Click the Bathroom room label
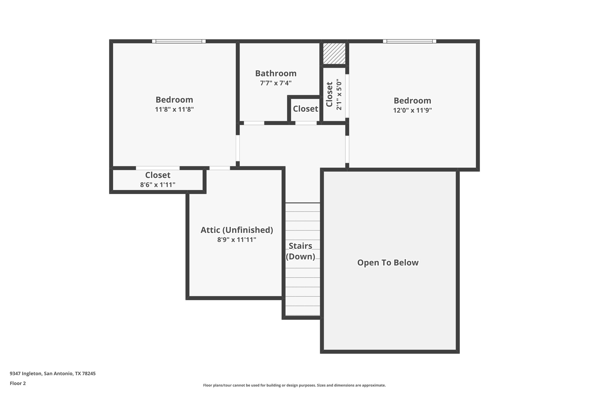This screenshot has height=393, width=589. point(276,73)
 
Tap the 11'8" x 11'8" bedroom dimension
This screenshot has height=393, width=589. point(174,109)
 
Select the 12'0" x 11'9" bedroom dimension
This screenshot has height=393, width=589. point(412,110)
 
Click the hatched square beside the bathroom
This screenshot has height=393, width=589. point(334,54)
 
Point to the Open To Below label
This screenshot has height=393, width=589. point(388,263)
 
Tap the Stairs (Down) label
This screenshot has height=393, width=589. point(300,251)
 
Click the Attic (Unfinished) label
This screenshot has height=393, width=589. point(236,230)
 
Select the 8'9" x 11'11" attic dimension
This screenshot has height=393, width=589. point(236,240)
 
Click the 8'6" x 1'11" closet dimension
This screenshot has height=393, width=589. point(158,185)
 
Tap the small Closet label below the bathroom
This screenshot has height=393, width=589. point(305,109)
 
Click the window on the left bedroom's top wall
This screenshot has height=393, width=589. point(179,41)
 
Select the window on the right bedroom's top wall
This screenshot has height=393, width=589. point(409,41)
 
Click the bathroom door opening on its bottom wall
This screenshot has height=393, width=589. point(254,123)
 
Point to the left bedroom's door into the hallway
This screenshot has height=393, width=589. point(238,148)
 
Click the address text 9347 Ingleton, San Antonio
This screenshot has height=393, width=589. point(53,373)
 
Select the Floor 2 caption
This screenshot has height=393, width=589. point(18,383)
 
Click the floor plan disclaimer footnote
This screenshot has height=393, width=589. point(294,385)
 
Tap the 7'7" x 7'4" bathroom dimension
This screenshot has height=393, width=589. point(276,83)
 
